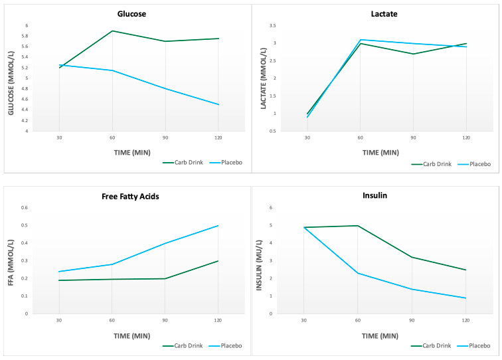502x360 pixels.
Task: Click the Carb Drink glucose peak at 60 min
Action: (x=112, y=31)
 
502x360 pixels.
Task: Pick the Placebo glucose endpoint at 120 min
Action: (x=218, y=104)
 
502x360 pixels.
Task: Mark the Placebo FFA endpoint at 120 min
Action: (x=218, y=226)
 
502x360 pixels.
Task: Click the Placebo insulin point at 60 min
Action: (x=358, y=273)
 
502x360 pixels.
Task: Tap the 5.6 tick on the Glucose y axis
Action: (x=26, y=46)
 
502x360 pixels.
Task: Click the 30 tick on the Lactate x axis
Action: (x=307, y=137)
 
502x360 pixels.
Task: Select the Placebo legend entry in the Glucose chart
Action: (x=225, y=162)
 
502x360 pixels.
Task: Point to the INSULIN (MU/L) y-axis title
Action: (x=260, y=260)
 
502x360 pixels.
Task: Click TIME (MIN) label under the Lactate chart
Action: (x=380, y=152)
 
